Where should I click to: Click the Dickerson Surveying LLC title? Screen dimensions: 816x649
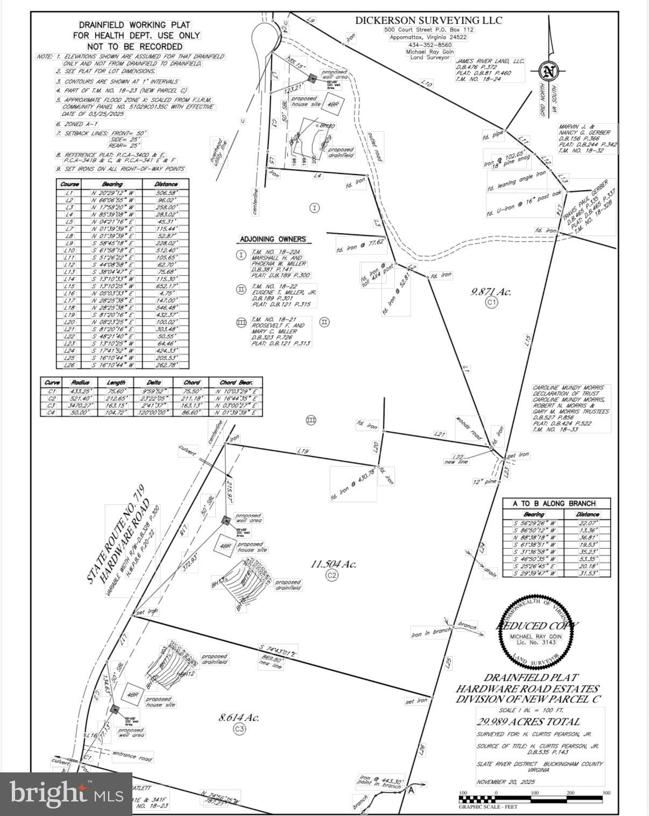point(428,20)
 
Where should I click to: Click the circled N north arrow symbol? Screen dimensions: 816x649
point(548,71)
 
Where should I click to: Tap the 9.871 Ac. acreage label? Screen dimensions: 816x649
point(491,292)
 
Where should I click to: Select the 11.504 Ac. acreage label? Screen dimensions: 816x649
point(333,564)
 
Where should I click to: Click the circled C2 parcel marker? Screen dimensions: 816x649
point(332,575)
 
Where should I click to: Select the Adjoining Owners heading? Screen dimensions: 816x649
point(272,239)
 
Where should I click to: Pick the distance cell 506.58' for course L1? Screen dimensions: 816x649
point(166,193)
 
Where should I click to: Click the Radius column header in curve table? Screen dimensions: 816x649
point(81,383)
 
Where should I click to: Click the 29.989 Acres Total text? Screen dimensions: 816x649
point(528,722)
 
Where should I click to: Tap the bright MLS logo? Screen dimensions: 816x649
point(66,794)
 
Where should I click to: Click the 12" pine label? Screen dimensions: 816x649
point(484,482)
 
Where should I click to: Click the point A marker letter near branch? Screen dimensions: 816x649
point(411,791)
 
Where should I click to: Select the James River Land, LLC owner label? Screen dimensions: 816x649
point(489,61)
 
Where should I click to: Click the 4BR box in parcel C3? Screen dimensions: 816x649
point(132,695)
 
